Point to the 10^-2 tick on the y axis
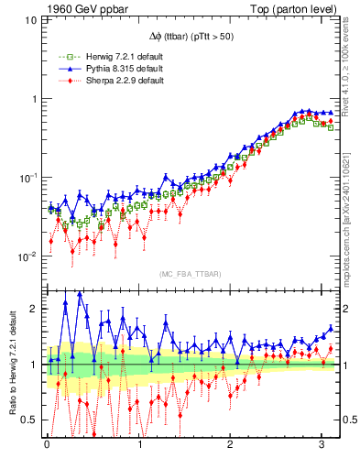click(x=28, y=256)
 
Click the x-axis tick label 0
click(x=47, y=446)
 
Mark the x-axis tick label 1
click(x=139, y=446)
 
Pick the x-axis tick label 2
click(x=231, y=446)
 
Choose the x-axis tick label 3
click(x=322, y=446)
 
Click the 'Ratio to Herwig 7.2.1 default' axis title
click(x=12, y=366)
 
